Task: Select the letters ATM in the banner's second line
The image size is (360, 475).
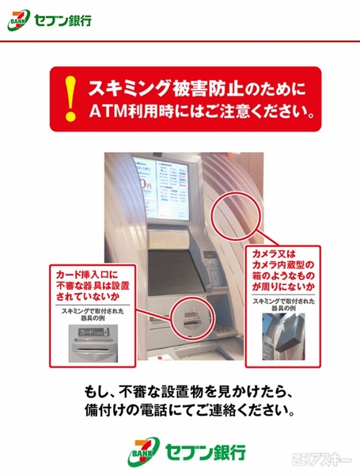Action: (108, 112)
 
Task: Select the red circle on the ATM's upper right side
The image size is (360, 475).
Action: (235, 213)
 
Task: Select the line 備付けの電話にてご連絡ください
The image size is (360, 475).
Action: (180, 412)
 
